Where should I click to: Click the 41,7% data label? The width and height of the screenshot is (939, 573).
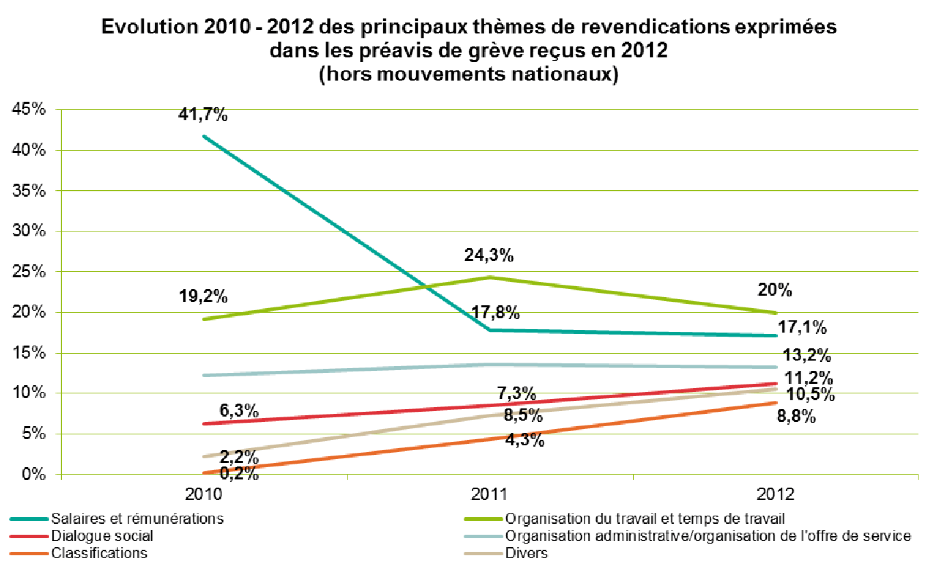point(203,115)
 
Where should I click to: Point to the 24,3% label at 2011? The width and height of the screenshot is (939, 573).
point(489,255)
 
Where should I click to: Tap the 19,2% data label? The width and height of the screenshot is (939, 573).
point(203,297)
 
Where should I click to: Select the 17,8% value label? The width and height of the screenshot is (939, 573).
point(496,313)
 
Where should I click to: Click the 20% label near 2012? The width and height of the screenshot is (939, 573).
point(775,290)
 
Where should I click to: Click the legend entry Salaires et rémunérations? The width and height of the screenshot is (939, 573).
point(137,518)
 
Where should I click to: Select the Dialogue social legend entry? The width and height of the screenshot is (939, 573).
point(102,535)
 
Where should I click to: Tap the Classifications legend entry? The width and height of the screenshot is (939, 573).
point(99,553)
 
